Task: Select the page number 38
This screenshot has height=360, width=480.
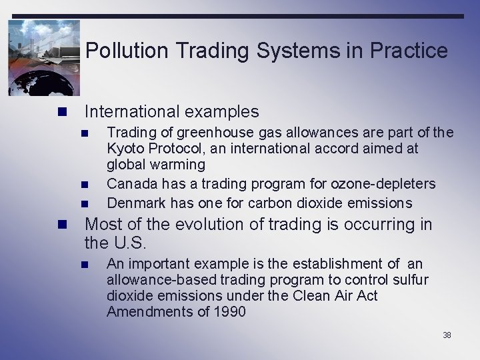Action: pyautogui.click(x=447, y=335)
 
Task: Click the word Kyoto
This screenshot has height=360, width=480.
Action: pyautogui.click(x=127, y=149)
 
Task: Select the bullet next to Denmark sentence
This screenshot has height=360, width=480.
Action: pyautogui.click(x=85, y=203)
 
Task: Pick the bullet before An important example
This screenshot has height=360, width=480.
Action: pyautogui.click(x=85, y=265)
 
